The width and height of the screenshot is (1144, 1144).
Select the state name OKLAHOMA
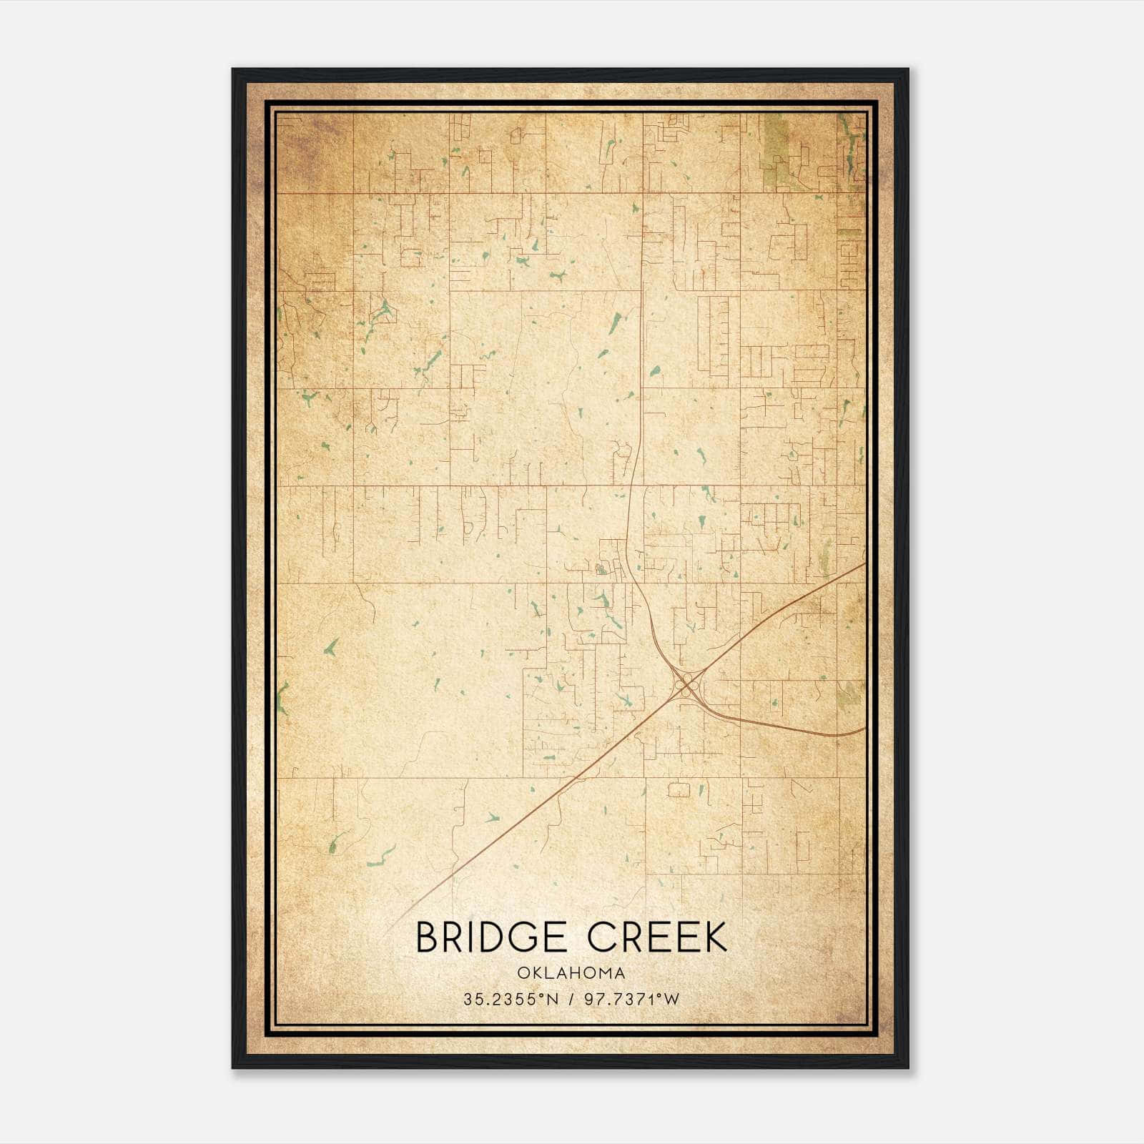(x=572, y=973)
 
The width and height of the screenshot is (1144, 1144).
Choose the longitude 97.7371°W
(x=632, y=1000)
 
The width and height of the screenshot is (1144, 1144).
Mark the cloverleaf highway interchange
(x=686, y=685)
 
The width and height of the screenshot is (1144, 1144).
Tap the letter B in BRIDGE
(x=428, y=937)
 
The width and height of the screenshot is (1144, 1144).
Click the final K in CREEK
(x=714, y=937)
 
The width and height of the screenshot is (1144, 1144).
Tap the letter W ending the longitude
(x=671, y=1000)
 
